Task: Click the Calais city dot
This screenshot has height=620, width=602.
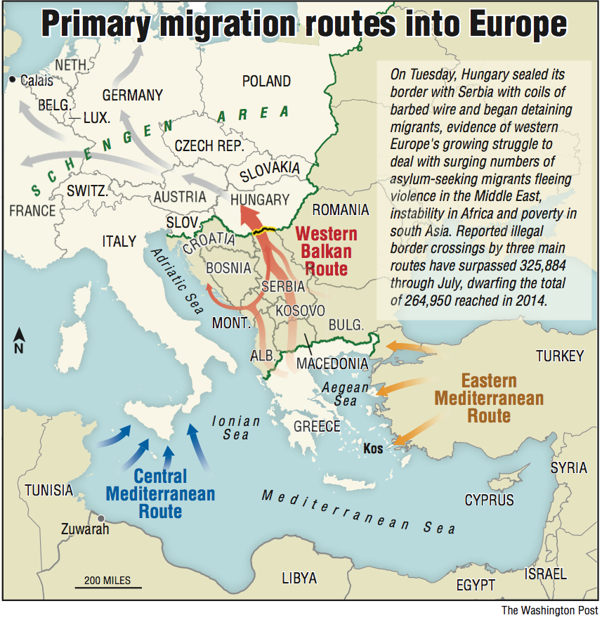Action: (13, 80)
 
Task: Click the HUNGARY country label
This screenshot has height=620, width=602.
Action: (259, 200)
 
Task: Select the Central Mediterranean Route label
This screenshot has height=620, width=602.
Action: (160, 492)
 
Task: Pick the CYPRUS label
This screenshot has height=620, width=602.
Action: (489, 500)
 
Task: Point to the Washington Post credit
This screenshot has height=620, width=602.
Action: (549, 610)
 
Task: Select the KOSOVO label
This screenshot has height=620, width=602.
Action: (300, 310)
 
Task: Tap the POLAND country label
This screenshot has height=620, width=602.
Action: (266, 82)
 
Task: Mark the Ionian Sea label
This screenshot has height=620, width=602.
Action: (236, 428)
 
